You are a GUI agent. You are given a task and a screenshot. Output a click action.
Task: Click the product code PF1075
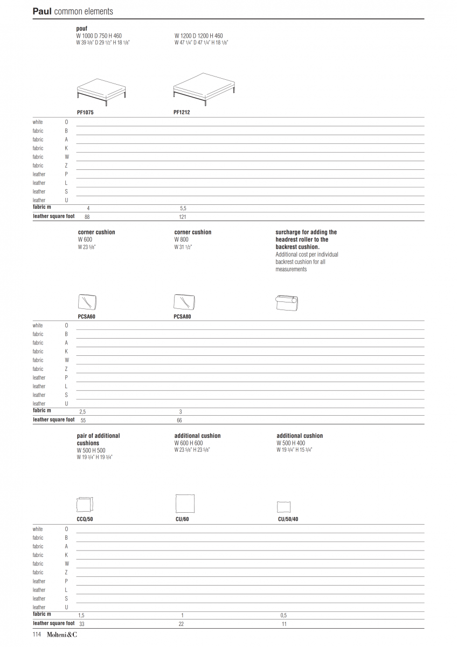coord(86,113)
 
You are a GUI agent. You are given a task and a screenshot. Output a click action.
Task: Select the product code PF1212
coord(182,113)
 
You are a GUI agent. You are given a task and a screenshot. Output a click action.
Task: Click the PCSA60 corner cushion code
coord(87,316)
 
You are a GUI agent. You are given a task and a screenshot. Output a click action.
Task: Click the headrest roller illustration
coord(287,302)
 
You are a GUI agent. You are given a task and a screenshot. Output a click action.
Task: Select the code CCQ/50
coord(85,519)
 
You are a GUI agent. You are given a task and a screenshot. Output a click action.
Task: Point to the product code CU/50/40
coord(288,519)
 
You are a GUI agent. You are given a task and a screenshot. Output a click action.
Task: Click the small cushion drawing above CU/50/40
coord(283,507)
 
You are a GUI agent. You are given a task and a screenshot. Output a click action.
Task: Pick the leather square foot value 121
coord(182,217)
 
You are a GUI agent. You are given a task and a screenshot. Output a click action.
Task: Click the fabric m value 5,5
coord(183,208)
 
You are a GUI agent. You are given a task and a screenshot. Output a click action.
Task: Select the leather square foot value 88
coord(87,217)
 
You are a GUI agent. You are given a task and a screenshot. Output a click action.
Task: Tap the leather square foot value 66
coord(180,420)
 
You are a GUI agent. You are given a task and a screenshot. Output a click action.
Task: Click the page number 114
coord(37,635)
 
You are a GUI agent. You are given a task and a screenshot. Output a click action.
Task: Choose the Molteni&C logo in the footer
coord(61,635)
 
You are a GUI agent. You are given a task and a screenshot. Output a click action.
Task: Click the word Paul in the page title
coord(42,11)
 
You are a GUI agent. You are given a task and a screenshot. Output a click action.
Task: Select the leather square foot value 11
coord(284,624)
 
